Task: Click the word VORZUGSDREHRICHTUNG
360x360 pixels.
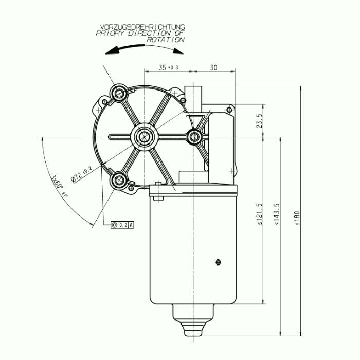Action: tap(142, 27)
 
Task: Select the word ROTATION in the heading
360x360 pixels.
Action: tap(166, 40)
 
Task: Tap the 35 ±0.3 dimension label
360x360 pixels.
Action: tap(169, 67)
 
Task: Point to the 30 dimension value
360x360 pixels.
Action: tap(213, 67)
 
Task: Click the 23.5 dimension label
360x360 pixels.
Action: tap(259, 121)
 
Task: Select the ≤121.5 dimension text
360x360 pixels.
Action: tap(259, 214)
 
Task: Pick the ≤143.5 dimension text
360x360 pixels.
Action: tap(277, 214)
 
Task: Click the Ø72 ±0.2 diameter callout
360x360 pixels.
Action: tap(81, 174)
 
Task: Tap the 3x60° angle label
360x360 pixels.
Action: tap(59, 186)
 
